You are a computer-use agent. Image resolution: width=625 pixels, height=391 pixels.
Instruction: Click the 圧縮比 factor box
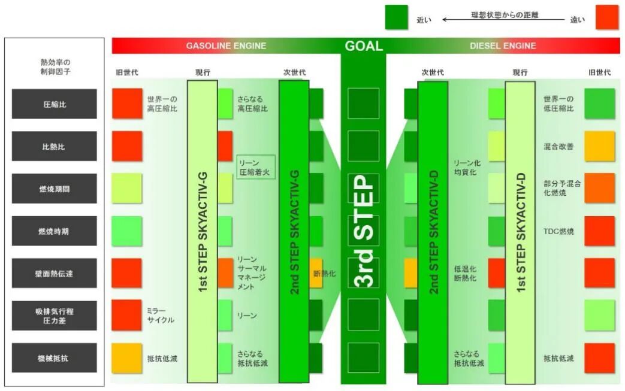pyautogui.click(x=54, y=104)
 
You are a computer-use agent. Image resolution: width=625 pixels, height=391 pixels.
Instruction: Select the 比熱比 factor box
pyautogui.click(x=54, y=146)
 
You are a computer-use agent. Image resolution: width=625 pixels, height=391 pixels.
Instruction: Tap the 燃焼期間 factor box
pyautogui.click(x=54, y=189)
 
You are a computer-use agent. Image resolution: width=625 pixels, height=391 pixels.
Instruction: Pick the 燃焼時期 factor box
pyautogui.click(x=54, y=231)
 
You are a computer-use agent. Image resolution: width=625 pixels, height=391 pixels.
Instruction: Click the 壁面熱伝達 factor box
pyautogui.click(x=54, y=273)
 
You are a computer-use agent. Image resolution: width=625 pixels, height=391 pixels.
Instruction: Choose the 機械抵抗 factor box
pyautogui.click(x=54, y=358)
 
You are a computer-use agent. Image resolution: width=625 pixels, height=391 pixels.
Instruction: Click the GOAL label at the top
pyautogui.click(x=363, y=46)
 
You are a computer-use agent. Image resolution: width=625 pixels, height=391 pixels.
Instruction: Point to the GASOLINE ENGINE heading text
pyautogui.click(x=226, y=46)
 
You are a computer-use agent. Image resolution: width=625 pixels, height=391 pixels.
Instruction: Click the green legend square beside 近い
pyautogui.click(x=396, y=17)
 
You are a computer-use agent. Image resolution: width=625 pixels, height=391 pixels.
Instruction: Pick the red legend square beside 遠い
pyautogui.click(x=607, y=17)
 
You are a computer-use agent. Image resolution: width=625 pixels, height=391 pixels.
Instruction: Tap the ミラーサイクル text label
pyautogui.click(x=160, y=315)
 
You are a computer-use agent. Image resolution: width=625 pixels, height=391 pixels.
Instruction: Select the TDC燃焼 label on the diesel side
pyautogui.click(x=558, y=231)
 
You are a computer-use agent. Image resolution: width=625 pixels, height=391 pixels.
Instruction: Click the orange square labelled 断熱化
pyautogui.click(x=316, y=273)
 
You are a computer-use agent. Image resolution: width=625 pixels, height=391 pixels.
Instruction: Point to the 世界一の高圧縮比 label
pyautogui.click(x=162, y=104)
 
